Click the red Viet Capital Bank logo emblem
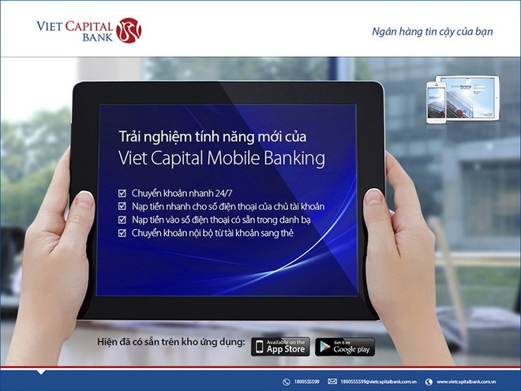click(128, 31)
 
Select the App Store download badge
click(280, 347)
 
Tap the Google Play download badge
click(345, 347)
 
